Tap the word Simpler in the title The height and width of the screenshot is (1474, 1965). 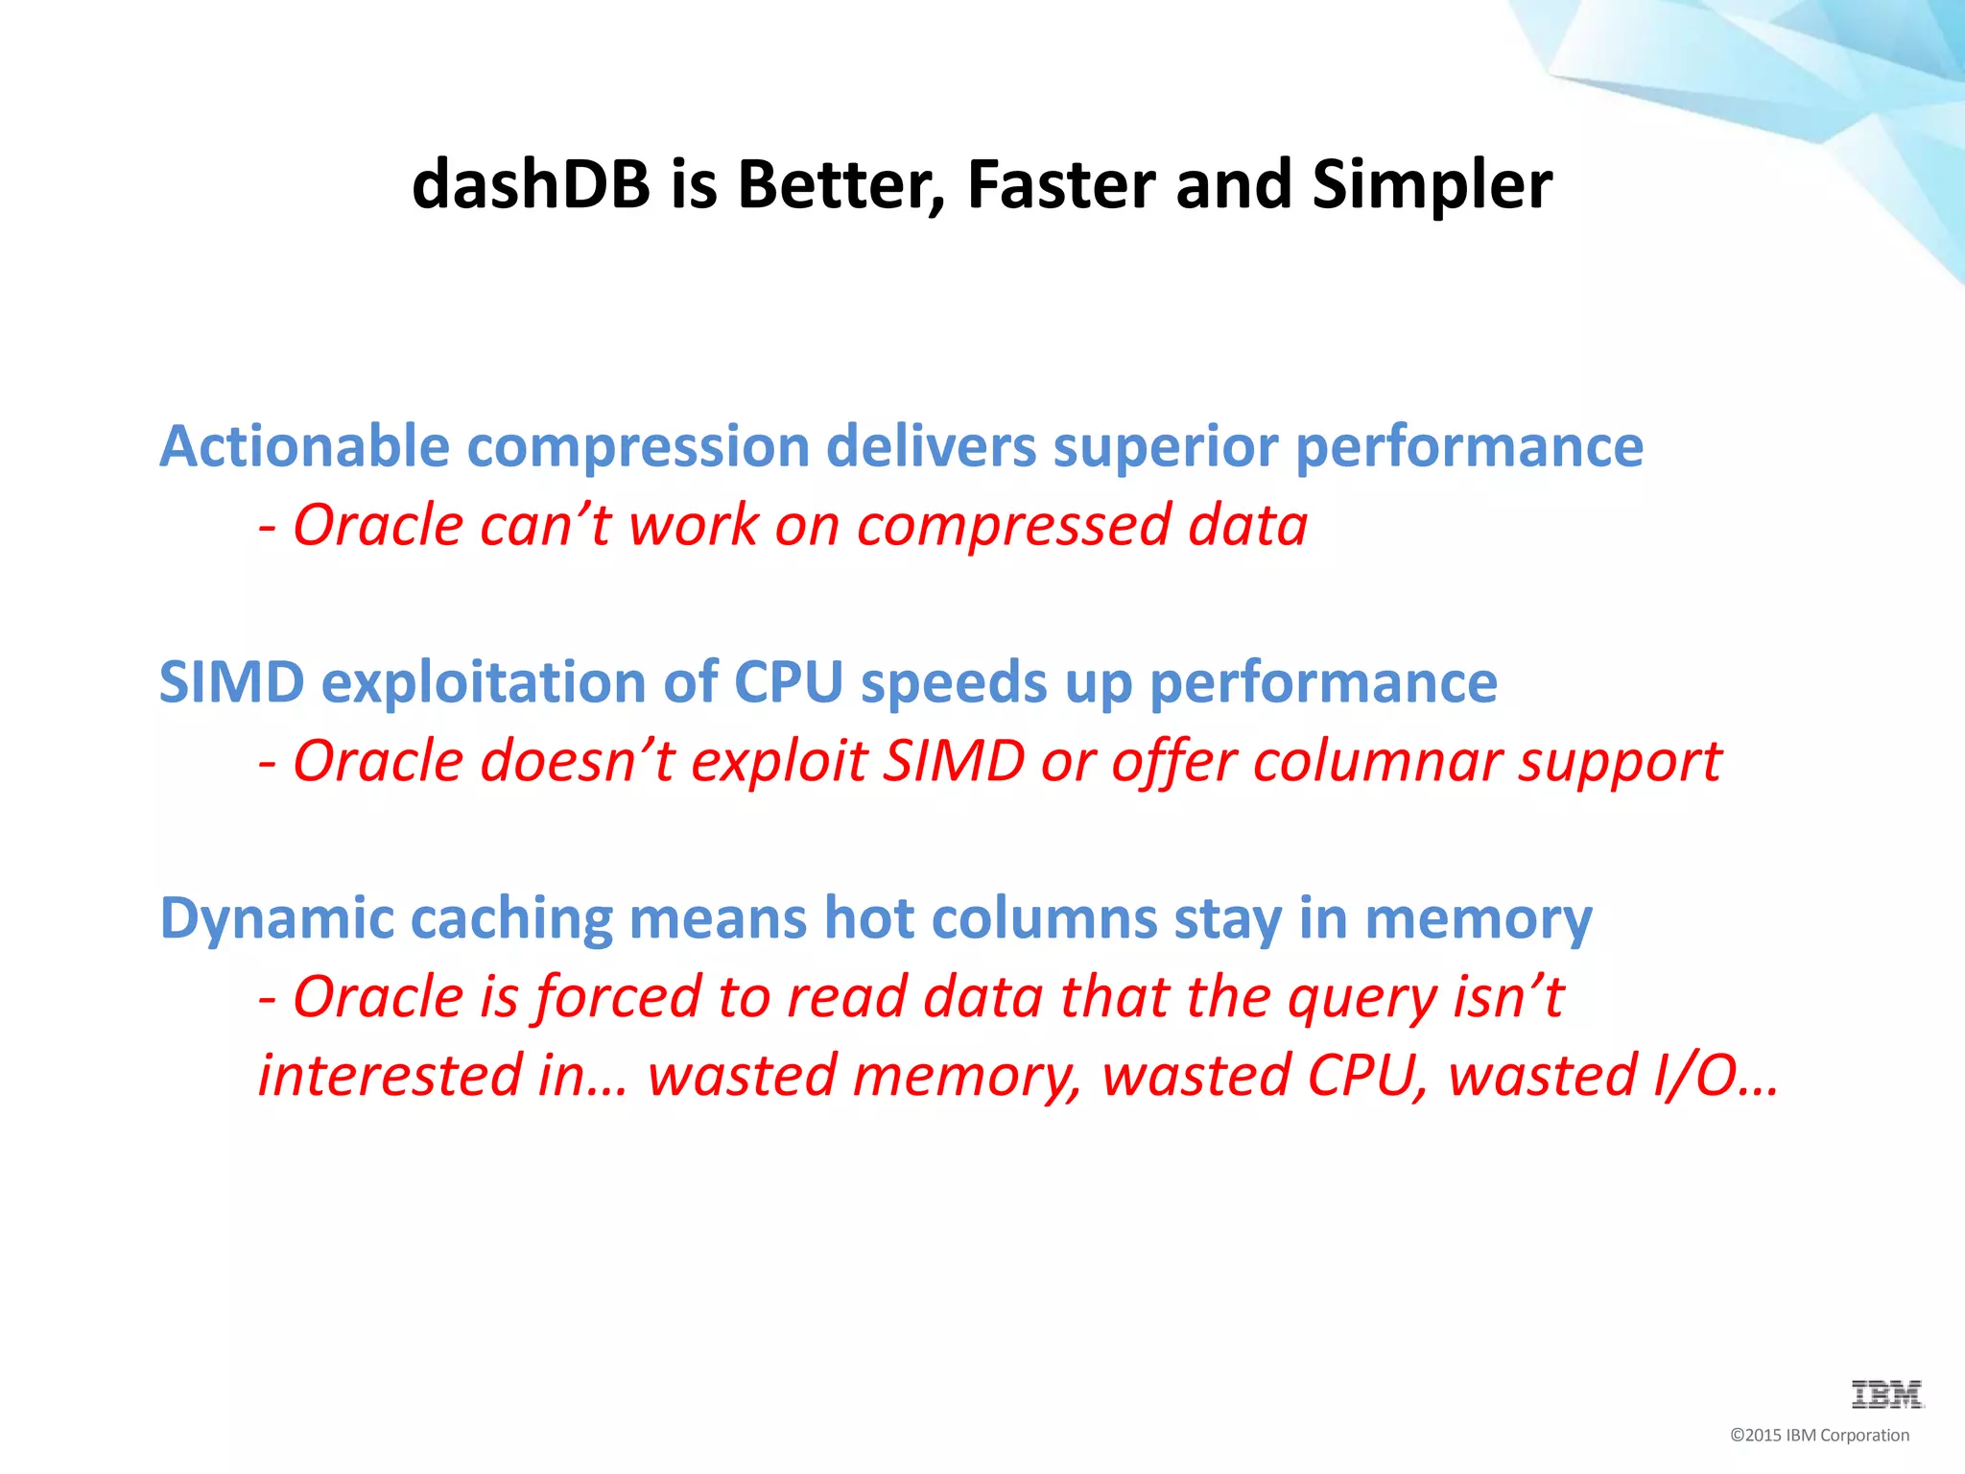pyautogui.click(x=1432, y=184)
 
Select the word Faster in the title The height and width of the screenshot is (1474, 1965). pyautogui.click(x=1061, y=184)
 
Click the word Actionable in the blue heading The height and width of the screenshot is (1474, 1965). pyautogui.click(x=304, y=447)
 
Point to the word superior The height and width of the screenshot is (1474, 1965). pyautogui.click(x=1165, y=447)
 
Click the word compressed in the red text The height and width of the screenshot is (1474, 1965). pyautogui.click(x=1013, y=526)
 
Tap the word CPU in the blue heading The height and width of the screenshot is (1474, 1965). pyautogui.click(x=788, y=683)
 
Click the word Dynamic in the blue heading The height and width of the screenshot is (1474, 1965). pyautogui.click(x=276, y=918)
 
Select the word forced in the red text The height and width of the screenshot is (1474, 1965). pyautogui.click(x=617, y=997)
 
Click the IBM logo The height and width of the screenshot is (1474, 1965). pyautogui.click(x=1886, y=1394)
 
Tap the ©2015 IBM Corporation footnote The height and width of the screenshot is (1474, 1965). pyautogui.click(x=1819, y=1436)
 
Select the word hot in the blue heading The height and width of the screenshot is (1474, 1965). pyautogui.click(x=868, y=918)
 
